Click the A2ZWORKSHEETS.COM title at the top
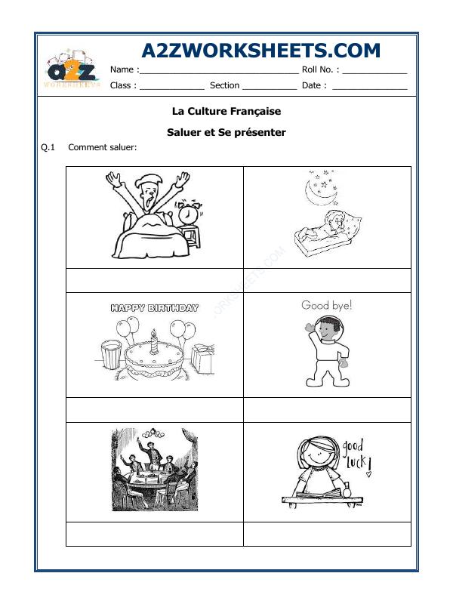pos(261,51)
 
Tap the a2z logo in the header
pos(72,72)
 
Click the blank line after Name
pos(219,71)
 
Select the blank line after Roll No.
pos(374,71)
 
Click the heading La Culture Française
pos(226,111)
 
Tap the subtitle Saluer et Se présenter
pos(226,132)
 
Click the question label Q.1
pos(48,147)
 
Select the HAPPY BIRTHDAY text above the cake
pos(155,308)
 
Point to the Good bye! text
pos(327,306)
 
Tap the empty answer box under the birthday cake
pos(155,409)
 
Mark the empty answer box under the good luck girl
pos(327,533)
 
